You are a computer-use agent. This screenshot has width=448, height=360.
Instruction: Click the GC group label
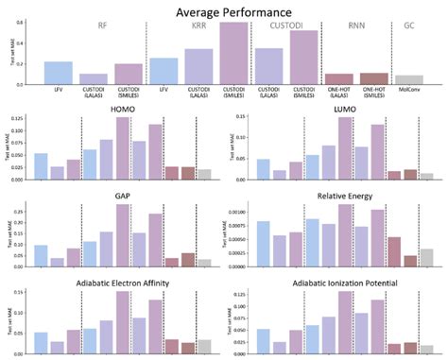(x=409, y=28)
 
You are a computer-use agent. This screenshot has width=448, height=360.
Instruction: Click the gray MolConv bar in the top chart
(x=409, y=80)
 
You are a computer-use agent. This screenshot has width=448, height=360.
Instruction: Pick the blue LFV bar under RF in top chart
(x=59, y=74)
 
